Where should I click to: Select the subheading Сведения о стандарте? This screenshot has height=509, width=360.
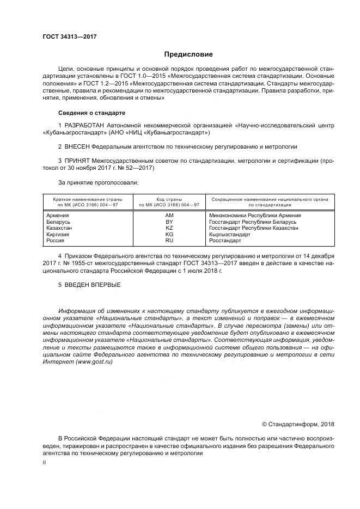pyautogui.click(x=91, y=113)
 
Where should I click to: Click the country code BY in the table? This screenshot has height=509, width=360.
pyautogui.click(x=169, y=222)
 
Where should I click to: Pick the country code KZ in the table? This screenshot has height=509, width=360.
pyautogui.click(x=169, y=228)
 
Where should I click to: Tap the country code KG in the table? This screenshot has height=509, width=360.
pyautogui.click(x=169, y=234)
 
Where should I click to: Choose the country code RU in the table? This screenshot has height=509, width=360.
pyautogui.click(x=169, y=240)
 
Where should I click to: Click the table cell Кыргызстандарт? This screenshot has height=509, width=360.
pyautogui.click(x=230, y=234)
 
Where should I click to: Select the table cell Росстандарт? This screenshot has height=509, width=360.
pyautogui.click(x=225, y=240)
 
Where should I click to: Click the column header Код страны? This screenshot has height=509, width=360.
pyautogui.click(x=169, y=200)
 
